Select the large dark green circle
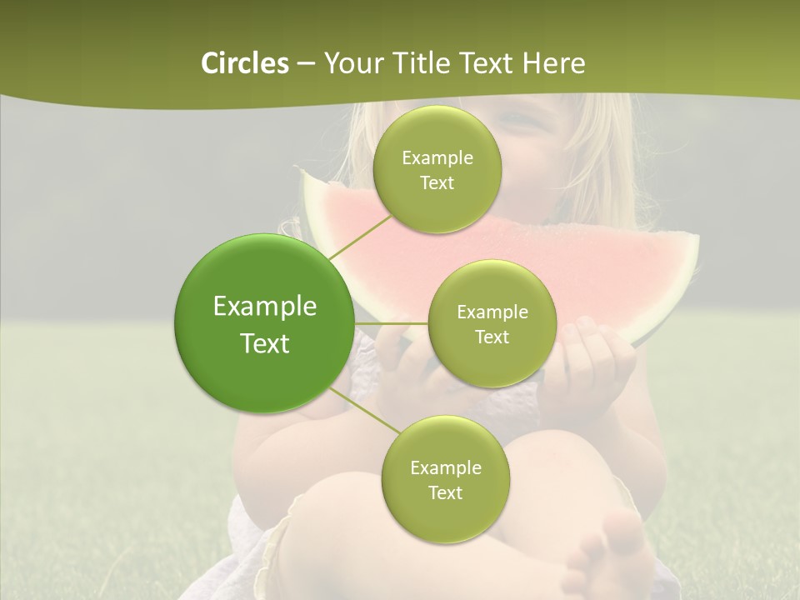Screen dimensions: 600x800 (264, 323)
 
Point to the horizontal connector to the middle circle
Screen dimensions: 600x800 (391, 323)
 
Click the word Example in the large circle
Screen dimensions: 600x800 (265, 306)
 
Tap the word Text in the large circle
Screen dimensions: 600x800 (265, 343)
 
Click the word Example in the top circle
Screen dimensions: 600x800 (437, 157)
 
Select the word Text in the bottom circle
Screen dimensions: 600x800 (445, 492)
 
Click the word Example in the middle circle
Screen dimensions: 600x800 (492, 312)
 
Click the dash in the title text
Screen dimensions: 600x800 (305, 64)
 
